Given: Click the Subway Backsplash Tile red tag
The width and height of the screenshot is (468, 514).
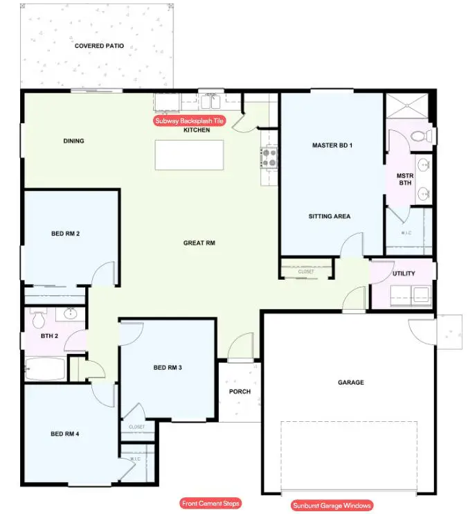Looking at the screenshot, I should (x=190, y=121).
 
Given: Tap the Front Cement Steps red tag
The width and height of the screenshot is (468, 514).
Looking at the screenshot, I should (x=210, y=503).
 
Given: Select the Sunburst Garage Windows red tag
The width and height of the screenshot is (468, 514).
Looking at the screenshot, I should (x=332, y=506).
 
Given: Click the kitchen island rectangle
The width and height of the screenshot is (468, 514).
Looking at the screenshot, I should (x=189, y=154).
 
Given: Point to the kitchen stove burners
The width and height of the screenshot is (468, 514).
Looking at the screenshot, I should (x=269, y=159).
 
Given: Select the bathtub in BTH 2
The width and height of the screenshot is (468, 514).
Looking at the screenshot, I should (x=45, y=369).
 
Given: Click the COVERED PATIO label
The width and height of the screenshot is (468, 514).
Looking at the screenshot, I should (x=99, y=46).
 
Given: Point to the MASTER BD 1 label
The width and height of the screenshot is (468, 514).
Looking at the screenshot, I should (x=332, y=145).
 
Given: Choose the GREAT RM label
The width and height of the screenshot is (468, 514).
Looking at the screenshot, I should (x=199, y=243).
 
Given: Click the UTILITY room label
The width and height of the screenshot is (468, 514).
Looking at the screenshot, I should (x=404, y=274).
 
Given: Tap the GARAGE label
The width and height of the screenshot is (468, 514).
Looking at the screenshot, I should (x=350, y=382).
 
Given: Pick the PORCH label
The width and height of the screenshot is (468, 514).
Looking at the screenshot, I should (x=240, y=391).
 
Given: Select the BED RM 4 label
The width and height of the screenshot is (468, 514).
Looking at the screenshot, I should (x=65, y=434).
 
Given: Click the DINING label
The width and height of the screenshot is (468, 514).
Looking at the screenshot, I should (x=73, y=141).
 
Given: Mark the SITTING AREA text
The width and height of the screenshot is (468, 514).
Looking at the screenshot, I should (x=330, y=216).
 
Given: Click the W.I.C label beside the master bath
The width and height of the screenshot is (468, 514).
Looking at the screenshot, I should (x=406, y=233).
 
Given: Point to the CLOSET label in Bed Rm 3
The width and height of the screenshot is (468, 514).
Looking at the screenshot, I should (x=137, y=427).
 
